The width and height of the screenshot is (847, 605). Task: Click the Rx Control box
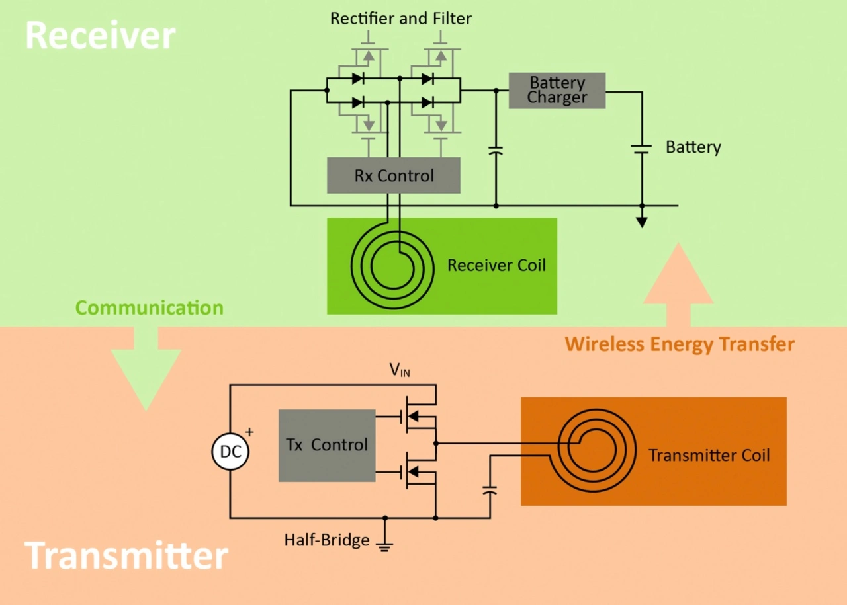393,175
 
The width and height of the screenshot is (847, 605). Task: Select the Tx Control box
327,445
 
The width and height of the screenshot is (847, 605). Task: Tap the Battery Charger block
557,91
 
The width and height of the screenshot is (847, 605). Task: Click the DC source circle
230,453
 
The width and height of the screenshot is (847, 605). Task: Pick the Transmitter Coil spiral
596,448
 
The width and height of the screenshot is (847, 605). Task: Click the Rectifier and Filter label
401,19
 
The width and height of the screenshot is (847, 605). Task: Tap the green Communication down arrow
146,370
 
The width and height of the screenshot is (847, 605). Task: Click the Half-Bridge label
326,540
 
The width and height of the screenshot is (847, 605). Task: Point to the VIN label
400,370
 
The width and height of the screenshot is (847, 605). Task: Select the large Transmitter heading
126,555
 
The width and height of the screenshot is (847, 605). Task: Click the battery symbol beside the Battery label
641,148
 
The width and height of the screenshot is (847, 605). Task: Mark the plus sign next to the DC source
249,432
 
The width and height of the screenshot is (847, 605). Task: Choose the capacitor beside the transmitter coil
490,491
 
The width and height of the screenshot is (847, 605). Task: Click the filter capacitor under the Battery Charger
496,151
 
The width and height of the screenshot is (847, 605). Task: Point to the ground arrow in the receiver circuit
641,221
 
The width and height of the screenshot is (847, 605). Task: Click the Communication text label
149,308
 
